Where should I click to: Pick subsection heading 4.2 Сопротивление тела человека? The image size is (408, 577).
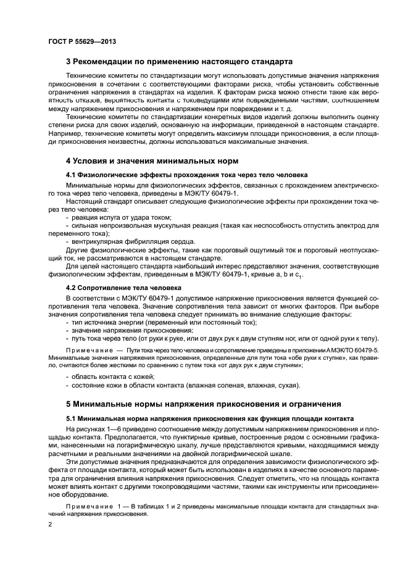[x=123, y=288]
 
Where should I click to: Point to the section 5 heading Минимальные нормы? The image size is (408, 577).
[x=203, y=404]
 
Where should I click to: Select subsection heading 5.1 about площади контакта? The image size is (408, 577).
[x=210, y=418]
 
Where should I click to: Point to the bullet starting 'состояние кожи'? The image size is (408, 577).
[x=185, y=386]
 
